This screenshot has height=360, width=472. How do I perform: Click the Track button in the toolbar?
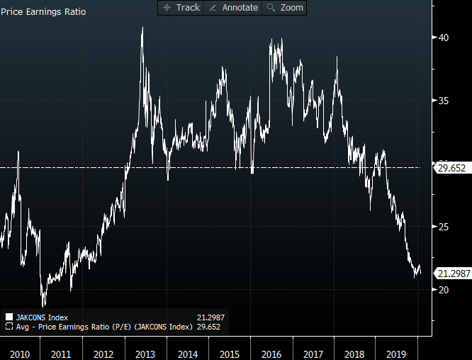click(181, 8)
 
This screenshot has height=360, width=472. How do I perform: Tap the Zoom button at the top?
click(285, 8)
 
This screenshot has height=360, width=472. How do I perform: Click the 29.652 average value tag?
click(452, 168)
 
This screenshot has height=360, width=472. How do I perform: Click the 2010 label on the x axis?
click(19, 353)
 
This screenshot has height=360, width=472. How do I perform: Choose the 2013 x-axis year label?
click(145, 353)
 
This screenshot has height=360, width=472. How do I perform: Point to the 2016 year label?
click(271, 353)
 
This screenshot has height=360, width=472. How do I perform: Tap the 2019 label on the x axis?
click(397, 353)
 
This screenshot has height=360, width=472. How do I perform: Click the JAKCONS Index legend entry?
click(42, 317)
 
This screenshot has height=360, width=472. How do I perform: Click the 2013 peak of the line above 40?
click(142, 28)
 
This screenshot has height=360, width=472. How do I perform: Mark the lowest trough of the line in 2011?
click(43, 306)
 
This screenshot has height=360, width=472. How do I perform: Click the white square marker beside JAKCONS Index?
click(9, 317)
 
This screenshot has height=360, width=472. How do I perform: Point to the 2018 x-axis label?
click(355, 353)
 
